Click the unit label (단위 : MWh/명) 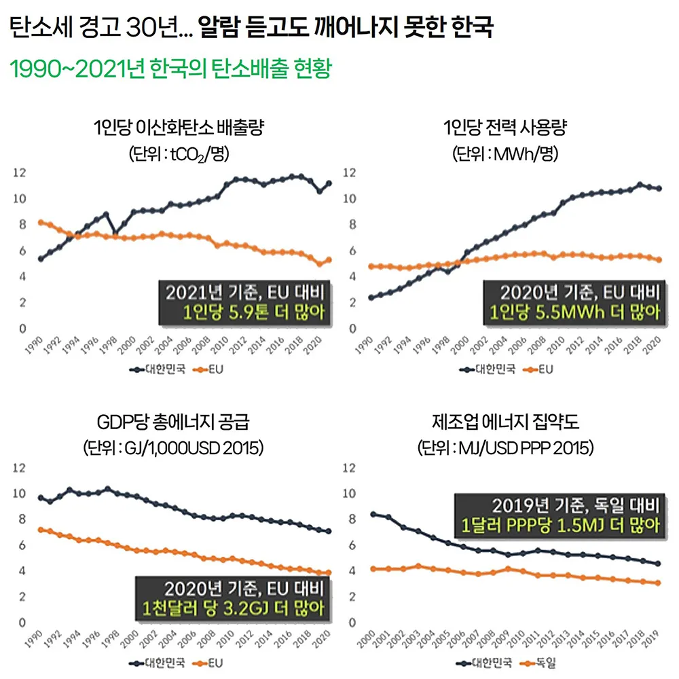(504, 154)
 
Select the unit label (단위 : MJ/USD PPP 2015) (505, 449)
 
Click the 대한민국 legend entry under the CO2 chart (157, 369)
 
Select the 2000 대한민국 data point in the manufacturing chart (373, 514)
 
